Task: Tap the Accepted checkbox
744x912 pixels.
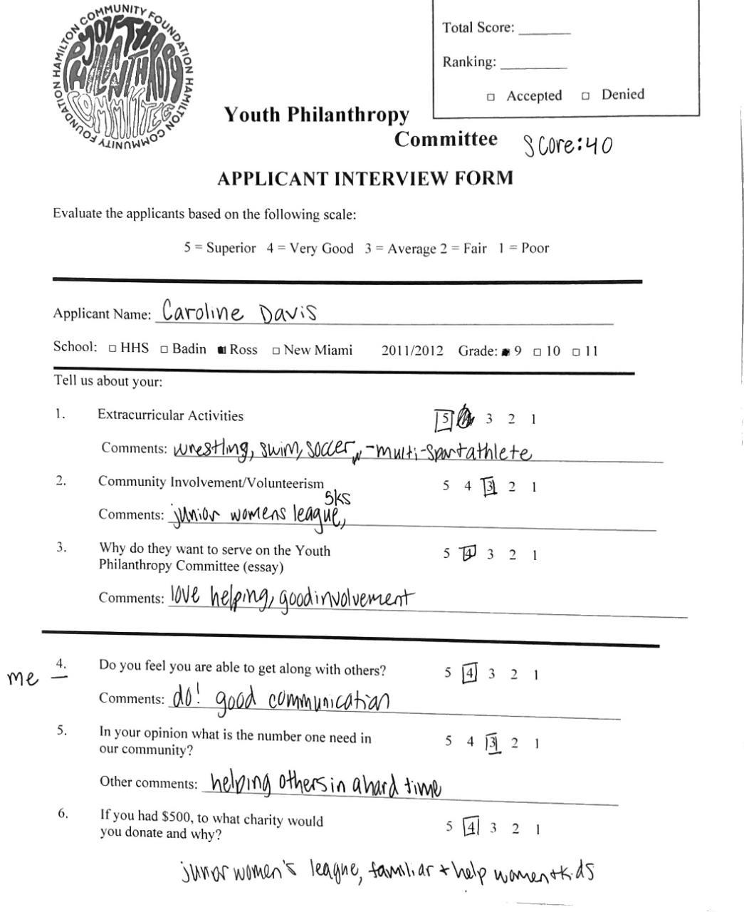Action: click(x=491, y=97)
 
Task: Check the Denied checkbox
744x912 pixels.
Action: click(x=585, y=95)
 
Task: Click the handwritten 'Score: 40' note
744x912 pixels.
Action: click(x=567, y=145)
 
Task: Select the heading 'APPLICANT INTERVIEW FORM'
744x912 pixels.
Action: click(x=365, y=178)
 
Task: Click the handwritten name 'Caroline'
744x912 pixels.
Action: click(x=202, y=312)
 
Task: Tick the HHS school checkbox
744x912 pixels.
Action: click(x=112, y=348)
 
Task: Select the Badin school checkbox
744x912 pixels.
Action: click(x=164, y=349)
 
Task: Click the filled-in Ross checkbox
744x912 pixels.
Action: click(x=222, y=350)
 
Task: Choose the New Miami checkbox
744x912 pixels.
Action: click(x=276, y=351)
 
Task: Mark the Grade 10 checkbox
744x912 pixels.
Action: click(x=538, y=352)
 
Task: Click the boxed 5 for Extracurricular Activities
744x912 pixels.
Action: click(x=444, y=420)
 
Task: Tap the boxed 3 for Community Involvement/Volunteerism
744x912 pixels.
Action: click(x=489, y=487)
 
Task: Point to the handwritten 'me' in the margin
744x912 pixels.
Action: click(x=23, y=678)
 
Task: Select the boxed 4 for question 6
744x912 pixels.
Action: click(x=471, y=828)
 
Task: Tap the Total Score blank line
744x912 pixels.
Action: click(x=544, y=31)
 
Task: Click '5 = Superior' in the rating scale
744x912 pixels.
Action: click(x=219, y=248)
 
